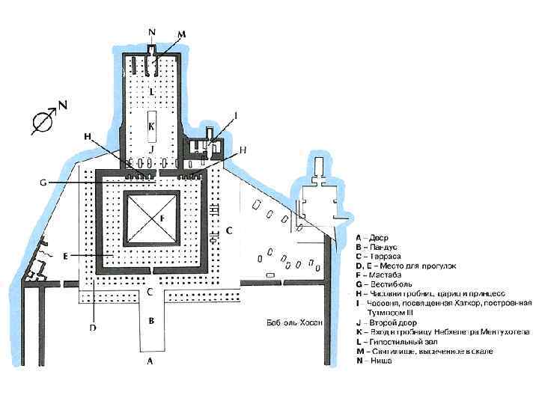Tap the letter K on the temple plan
click(152, 127)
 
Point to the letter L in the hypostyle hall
click(152, 91)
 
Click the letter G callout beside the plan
click(43, 182)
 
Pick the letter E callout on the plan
click(66, 255)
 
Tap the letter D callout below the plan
click(94, 327)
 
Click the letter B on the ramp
click(152, 321)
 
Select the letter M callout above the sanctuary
click(182, 34)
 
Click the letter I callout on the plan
click(237, 115)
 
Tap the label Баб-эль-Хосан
click(295, 324)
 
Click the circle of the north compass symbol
click(42, 120)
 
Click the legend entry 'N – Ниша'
click(376, 361)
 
